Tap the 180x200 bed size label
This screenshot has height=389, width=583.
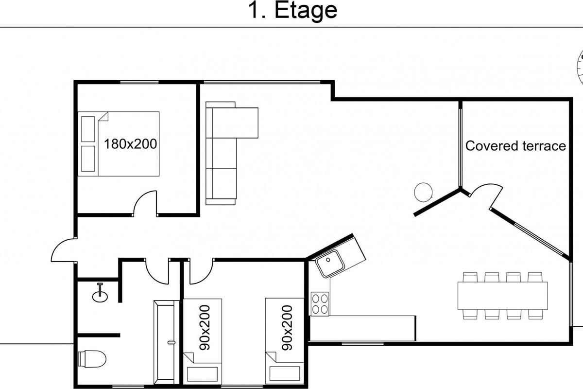point(130,144)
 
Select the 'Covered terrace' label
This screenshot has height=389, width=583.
point(515,146)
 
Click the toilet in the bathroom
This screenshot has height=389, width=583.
point(92,359)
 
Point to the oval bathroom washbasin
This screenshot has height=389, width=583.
point(100,296)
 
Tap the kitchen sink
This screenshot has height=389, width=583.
point(330,263)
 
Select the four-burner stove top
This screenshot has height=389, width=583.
point(320,304)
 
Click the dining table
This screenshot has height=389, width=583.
point(502,296)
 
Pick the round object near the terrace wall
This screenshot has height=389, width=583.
point(423,192)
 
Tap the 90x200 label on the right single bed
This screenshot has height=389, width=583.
point(287,328)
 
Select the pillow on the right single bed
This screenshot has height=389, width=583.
point(285,373)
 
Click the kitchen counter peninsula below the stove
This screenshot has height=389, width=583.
point(363,328)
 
